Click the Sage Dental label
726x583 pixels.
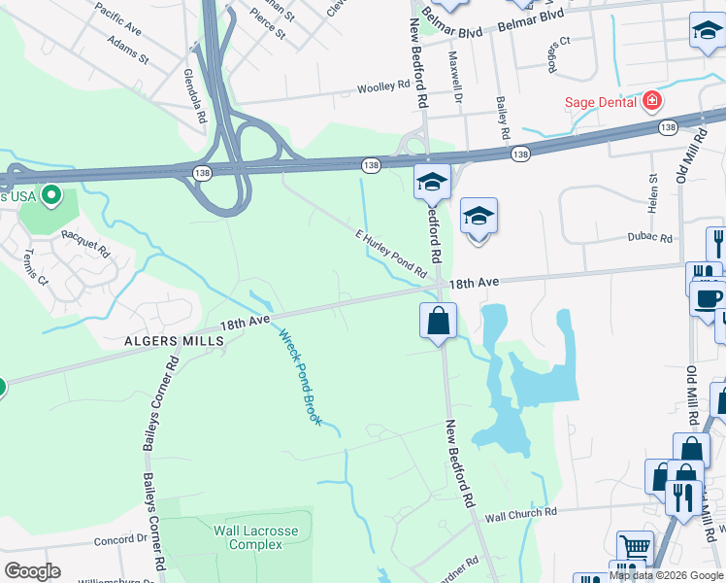[601, 101]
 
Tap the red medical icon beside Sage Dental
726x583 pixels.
[651, 100]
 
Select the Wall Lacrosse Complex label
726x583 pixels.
[256, 537]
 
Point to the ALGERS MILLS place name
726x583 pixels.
[175, 341]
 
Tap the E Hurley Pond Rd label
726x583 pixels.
[391, 255]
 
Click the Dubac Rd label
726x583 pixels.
[649, 237]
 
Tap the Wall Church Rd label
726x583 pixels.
[521, 512]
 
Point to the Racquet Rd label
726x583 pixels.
[85, 241]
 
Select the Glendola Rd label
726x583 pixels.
[194, 94]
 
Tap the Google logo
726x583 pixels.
[33, 571]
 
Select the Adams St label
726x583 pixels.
[128, 51]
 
